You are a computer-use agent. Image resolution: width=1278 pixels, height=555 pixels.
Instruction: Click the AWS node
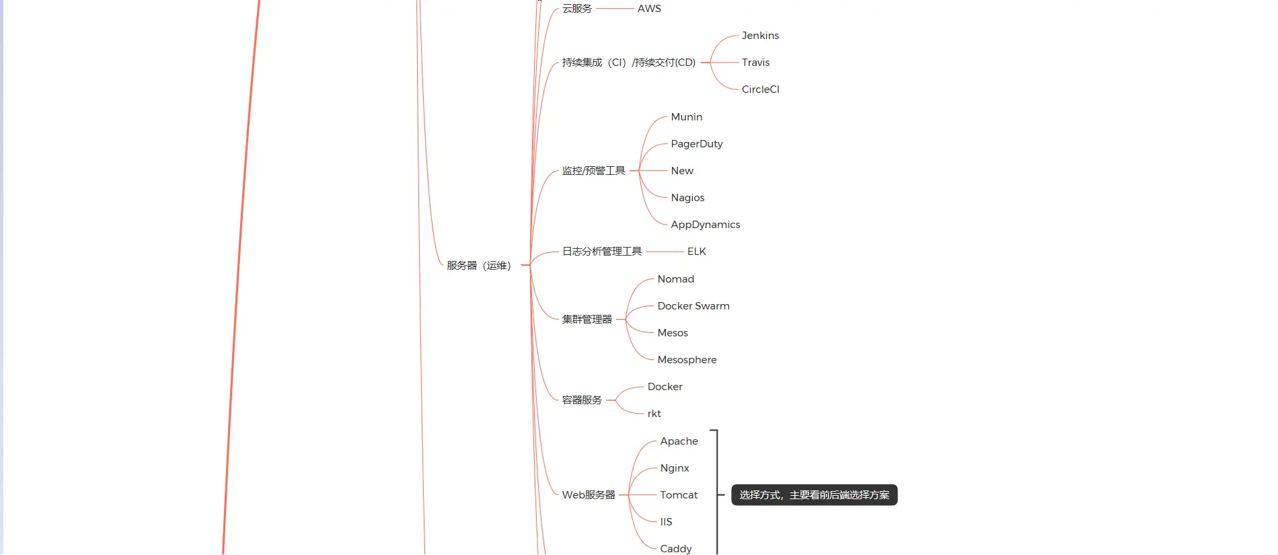(x=649, y=9)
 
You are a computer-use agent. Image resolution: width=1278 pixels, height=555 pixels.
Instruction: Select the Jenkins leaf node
(x=760, y=36)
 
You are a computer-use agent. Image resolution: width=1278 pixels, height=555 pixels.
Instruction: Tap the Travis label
(x=755, y=63)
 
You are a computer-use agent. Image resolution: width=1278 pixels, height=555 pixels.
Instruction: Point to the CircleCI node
(x=760, y=89)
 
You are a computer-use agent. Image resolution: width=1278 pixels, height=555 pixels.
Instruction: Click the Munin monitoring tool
(x=686, y=117)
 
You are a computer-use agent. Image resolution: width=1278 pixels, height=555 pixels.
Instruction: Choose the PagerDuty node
(x=696, y=144)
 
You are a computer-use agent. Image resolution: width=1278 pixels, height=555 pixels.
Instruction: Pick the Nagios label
(x=687, y=198)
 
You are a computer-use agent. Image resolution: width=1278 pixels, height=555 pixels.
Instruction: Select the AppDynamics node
(x=705, y=225)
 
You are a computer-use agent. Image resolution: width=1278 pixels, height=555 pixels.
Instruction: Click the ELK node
(x=696, y=252)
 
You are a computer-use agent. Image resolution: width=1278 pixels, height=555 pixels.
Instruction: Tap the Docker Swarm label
(x=693, y=306)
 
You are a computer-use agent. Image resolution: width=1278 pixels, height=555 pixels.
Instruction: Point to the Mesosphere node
(x=687, y=360)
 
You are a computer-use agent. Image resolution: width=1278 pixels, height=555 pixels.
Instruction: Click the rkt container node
(x=654, y=414)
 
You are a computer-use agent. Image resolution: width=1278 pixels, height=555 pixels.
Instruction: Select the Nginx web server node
(x=674, y=468)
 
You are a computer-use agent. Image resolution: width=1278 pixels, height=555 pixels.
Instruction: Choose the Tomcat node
(x=679, y=495)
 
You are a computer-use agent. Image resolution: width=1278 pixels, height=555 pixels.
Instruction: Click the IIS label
(x=666, y=522)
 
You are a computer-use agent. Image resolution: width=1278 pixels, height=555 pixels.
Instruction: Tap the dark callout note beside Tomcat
(x=814, y=495)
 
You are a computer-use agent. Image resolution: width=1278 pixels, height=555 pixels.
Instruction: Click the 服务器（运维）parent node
(x=478, y=266)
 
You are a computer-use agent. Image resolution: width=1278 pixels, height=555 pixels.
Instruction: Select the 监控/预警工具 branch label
(x=593, y=171)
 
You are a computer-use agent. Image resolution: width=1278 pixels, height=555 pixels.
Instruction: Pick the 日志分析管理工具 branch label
(x=601, y=252)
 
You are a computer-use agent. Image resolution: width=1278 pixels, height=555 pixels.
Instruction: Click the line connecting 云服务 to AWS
(x=615, y=9)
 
